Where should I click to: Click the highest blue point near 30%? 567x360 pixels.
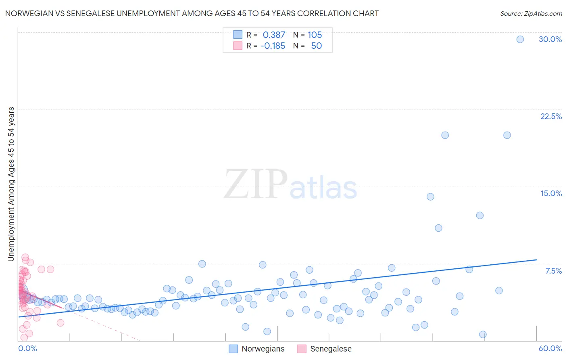point(520,39)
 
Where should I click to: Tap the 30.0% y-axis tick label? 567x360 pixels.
point(550,39)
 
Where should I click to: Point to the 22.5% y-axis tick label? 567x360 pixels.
point(551,116)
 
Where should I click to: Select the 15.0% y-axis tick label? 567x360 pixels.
point(551,193)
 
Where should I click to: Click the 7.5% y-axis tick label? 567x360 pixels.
point(553,271)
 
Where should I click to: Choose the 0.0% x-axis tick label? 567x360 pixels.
point(27,348)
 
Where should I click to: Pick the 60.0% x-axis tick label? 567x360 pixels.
point(550,348)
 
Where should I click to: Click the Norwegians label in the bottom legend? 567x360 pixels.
point(263,349)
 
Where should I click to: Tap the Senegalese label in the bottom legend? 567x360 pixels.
point(331,349)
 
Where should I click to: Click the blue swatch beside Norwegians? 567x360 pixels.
point(233,349)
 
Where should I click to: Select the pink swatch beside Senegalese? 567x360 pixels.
point(302,349)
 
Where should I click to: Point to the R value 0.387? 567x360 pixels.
point(274,35)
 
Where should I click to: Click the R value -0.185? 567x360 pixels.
point(273,46)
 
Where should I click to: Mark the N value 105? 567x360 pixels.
point(315,35)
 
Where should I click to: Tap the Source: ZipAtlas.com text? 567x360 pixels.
point(531,14)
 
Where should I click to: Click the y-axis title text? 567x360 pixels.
point(11,184)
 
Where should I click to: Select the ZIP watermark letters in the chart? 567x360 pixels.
point(256,184)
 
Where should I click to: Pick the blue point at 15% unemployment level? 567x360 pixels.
point(430,197)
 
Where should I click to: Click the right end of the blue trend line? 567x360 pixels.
point(536,260)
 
